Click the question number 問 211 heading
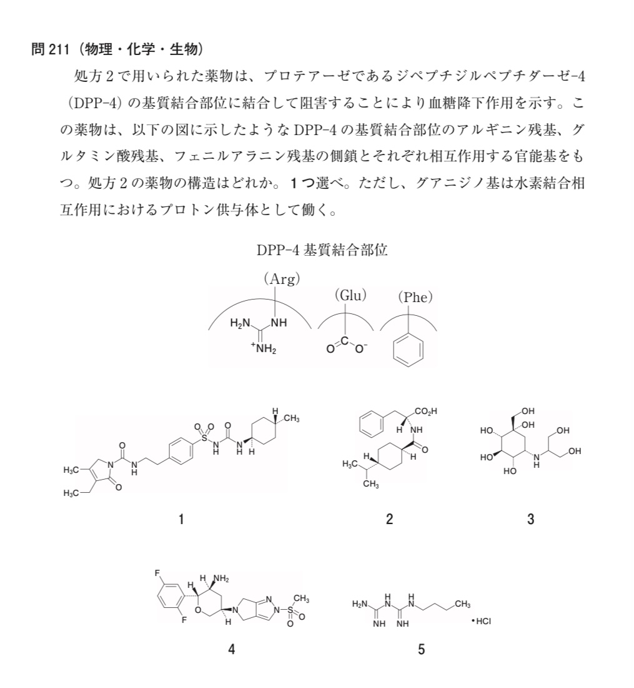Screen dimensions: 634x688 pos(52,49)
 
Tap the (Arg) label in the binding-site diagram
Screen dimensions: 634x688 pos(282,279)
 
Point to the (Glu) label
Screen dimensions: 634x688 pos(350,295)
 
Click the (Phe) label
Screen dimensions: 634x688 pos(415,297)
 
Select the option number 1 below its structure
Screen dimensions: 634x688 pos(181,519)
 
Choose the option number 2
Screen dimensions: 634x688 pos(389,519)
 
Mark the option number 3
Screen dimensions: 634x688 pos(530,519)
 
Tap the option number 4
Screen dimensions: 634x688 pos(231,649)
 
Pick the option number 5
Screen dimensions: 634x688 pos(421,649)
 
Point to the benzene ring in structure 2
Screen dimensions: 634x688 pos(372,425)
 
